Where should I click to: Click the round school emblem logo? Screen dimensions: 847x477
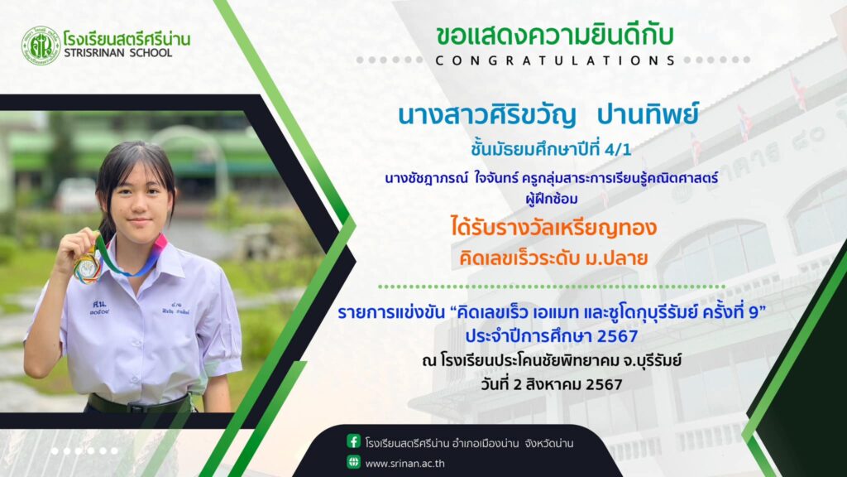41,46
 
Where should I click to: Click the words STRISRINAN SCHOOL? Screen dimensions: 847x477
117,53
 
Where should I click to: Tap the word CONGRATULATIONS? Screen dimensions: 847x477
555,60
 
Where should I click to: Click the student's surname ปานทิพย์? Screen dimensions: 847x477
647,114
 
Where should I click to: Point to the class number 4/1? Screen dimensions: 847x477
618,149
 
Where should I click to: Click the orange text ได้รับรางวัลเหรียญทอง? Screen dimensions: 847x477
553,227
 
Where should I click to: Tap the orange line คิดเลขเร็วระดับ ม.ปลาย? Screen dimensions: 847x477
553,258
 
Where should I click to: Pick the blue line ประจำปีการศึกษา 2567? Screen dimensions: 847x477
552,336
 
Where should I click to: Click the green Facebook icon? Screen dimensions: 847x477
353,441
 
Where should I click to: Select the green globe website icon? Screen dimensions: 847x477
353,462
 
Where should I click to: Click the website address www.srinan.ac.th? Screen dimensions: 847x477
404,464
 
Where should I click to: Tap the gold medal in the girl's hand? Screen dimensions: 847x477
88,267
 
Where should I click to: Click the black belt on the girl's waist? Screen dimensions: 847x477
140,403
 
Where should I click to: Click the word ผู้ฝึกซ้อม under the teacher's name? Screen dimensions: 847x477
552,199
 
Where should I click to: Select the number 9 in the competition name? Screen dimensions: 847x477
754,312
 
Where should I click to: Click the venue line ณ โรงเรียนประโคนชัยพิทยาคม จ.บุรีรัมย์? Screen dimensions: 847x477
552,360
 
